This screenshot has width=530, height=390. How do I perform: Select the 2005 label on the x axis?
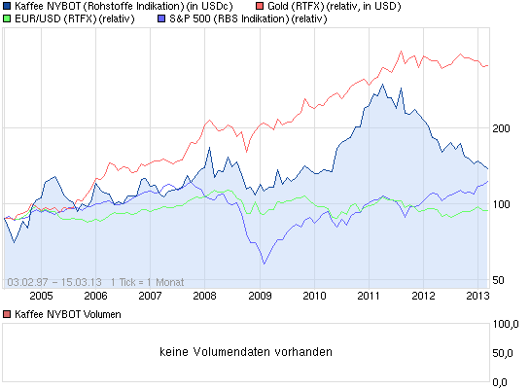click(x=40, y=295)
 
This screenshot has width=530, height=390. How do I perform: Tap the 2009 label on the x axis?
click(x=260, y=295)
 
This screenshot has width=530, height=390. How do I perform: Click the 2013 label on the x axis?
click(x=475, y=295)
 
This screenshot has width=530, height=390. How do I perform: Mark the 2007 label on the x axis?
click(x=150, y=295)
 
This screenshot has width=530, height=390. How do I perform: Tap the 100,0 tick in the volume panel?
click(x=510, y=324)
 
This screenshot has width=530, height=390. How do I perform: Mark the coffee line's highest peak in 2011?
click(x=383, y=85)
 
